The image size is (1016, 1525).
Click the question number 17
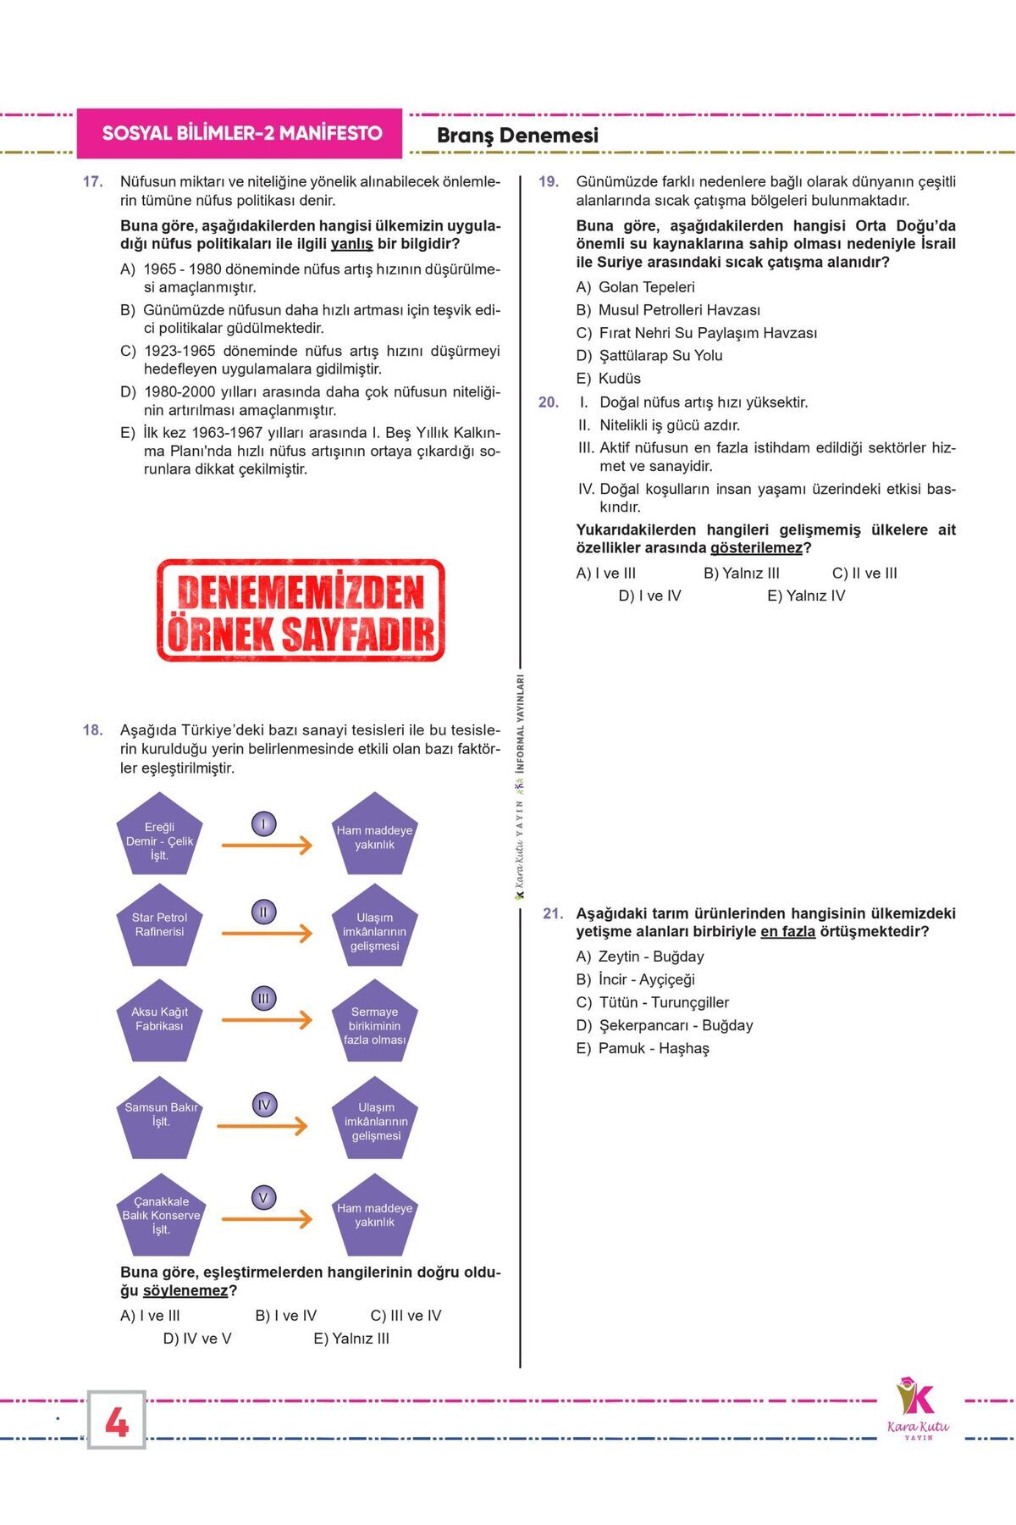coord(92,182)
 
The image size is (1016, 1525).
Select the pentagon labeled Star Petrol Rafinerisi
coord(159,925)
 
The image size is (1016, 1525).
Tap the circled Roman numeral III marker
coord(263,999)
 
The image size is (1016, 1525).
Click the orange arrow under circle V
coord(267,1219)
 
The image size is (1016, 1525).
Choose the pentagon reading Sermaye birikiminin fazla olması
coord(374,1023)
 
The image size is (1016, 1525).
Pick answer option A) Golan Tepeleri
coord(636,287)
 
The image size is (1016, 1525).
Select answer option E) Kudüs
coord(609,379)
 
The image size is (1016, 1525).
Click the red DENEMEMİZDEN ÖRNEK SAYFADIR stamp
coord(301,610)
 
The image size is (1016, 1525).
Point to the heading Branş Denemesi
coord(517,136)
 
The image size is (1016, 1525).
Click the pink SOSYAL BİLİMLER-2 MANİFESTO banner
coord(240,133)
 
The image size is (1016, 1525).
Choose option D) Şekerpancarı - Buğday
coord(665,1025)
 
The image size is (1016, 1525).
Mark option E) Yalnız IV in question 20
coord(806,596)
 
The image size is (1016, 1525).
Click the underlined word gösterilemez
coord(756,548)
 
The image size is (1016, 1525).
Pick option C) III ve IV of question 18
coord(406,1316)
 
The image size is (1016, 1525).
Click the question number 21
coord(553,914)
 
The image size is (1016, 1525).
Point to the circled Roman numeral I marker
coord(263,824)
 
